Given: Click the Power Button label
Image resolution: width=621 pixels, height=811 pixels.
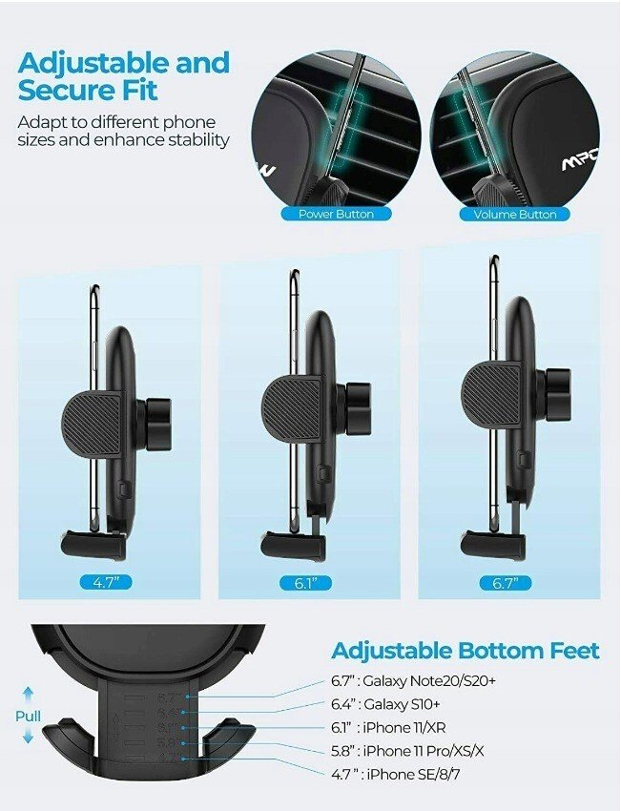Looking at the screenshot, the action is tap(336, 214).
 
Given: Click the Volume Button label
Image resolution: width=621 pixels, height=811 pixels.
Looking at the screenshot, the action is tap(515, 214).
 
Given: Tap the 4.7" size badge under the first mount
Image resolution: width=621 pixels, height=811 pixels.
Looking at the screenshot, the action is tap(106, 582).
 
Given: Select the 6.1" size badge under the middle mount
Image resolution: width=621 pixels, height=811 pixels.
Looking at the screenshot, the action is tap(305, 583).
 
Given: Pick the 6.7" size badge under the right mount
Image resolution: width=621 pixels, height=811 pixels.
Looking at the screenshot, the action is tap(506, 583).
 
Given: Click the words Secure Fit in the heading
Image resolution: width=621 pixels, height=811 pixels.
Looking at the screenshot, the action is tap(88, 90).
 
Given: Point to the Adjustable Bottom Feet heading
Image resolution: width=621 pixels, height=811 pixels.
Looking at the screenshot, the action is tap(466, 651).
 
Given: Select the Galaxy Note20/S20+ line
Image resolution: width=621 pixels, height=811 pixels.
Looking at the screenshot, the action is tap(413, 680).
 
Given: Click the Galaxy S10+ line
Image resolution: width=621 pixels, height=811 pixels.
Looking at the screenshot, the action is tap(385, 704).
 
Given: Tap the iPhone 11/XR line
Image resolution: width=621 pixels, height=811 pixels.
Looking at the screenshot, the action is tap(388, 728).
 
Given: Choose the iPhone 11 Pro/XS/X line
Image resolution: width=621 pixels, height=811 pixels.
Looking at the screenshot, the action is tap(407, 751).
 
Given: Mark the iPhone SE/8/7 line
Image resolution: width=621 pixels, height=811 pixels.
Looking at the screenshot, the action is tap(396, 775).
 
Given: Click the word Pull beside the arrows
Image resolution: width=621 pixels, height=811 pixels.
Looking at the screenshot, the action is tap(28, 717).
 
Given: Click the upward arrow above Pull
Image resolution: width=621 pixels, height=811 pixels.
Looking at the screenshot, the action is tap(29, 696).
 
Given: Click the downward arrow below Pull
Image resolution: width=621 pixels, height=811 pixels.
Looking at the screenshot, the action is tap(29, 737).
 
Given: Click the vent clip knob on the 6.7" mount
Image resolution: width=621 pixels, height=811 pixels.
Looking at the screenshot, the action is tap(556, 395).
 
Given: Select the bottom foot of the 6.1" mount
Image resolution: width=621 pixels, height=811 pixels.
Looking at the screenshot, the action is tap(294, 546).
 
